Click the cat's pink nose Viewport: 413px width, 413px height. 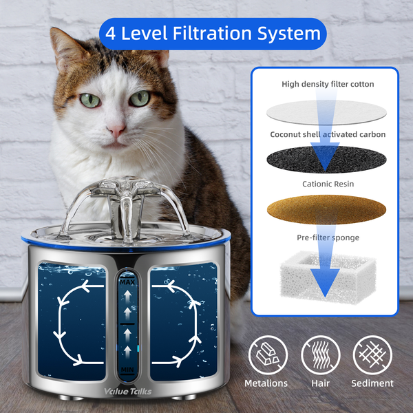coord(116,129)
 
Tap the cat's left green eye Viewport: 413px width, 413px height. coord(89,100)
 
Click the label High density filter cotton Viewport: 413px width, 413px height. coord(328,84)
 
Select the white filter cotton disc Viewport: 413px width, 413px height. coord(326,112)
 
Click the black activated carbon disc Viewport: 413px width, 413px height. coord(326,160)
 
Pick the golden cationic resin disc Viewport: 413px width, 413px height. coord(326,210)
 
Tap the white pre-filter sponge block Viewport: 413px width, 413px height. coord(328,277)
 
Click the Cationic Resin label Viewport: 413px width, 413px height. coord(328,184)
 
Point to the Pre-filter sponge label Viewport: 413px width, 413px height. coord(328,237)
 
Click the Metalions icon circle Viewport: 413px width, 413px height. coord(268,354)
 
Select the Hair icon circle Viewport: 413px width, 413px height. coord(321,354)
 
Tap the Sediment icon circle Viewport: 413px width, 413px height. coord(372,354)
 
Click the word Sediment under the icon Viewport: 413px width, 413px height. coord(372,383)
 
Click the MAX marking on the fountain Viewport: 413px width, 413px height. coord(127,282)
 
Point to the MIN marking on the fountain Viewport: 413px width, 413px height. coord(127,370)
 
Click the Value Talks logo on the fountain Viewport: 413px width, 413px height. coord(128,392)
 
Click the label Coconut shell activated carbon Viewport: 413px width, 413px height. coord(328,135)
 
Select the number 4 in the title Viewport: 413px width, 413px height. coord(110,34)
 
